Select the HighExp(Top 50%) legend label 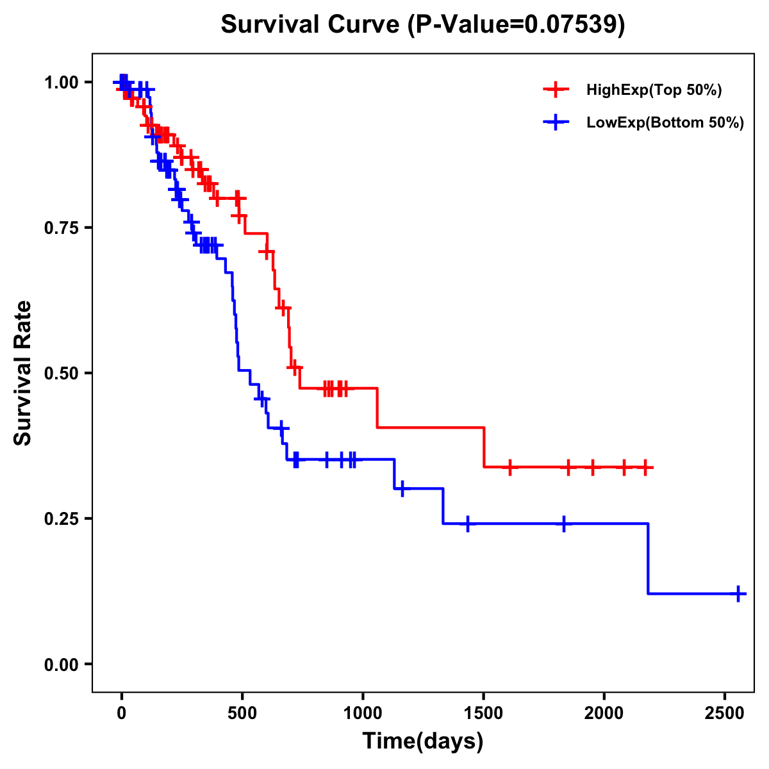(x=654, y=90)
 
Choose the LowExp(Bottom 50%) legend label (x=665, y=123)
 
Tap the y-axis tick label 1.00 (x=61, y=83)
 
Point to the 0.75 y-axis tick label (x=61, y=228)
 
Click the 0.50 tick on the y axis (x=61, y=373)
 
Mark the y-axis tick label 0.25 (x=61, y=518)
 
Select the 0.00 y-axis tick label (x=61, y=664)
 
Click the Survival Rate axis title (x=23, y=373)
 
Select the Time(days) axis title (x=423, y=741)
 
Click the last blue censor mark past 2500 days (x=738, y=594)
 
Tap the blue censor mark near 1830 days (x=563, y=524)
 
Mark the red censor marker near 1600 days (x=509, y=467)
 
